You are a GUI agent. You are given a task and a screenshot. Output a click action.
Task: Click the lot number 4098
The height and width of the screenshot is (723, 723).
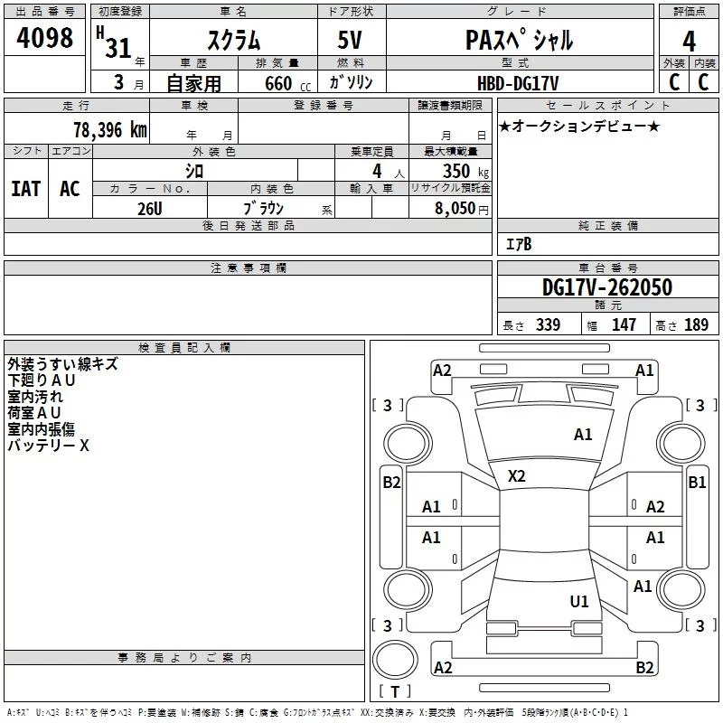pos(44,38)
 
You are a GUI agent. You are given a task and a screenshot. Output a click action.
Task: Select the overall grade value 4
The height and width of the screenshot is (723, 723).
pos(689,41)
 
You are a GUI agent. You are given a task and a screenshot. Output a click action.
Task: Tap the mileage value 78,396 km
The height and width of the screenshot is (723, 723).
pos(110,130)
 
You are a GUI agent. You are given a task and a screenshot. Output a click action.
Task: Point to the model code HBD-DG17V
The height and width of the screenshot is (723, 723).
pos(518,83)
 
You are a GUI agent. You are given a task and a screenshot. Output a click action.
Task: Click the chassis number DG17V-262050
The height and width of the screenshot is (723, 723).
pos(607,287)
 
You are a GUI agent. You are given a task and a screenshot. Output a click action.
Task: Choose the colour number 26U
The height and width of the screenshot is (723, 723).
pos(150,209)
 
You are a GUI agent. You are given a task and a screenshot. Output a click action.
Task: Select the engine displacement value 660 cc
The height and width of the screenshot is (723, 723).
pos(287,84)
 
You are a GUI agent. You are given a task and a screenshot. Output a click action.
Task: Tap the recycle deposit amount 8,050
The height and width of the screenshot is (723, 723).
pos(455,208)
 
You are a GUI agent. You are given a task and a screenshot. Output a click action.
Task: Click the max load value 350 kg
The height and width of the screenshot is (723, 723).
pos(465,171)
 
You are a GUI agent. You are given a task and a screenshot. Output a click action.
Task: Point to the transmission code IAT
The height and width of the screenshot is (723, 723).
pos(25,189)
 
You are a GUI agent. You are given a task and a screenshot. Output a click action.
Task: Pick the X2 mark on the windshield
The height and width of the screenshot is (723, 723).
pos(516,476)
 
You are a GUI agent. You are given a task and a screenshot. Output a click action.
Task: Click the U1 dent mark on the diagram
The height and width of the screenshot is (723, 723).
pos(579,601)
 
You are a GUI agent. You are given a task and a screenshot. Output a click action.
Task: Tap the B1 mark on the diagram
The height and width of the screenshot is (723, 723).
pos(697,483)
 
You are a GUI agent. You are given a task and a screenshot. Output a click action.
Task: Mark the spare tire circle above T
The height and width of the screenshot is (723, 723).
pos(395,659)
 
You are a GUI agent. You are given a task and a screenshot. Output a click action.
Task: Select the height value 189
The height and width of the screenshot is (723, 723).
pos(696,324)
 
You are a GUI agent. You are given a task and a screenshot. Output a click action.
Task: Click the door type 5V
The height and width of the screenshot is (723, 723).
pos(350,40)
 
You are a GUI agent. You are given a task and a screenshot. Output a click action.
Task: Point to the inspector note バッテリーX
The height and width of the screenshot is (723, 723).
pos(48,446)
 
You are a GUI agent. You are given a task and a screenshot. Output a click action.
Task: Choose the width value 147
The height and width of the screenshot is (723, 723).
pos(624,324)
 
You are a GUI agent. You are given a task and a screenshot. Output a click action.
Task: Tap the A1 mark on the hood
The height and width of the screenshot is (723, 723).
pos(583,434)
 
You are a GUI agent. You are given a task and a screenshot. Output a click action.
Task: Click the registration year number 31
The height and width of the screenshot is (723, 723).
pos(118,48)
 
